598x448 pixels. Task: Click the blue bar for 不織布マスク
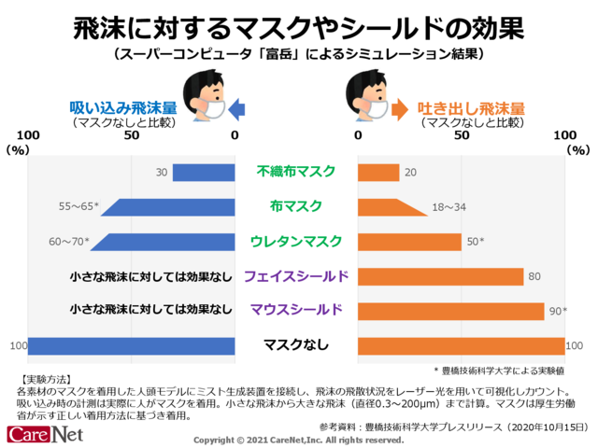pos(204,173)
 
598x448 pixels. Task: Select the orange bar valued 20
pos(379,173)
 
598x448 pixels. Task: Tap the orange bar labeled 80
pos(441,276)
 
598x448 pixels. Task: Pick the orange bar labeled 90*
pos(451,311)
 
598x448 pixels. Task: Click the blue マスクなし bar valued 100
pos(131,345)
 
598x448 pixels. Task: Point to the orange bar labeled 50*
pos(410,242)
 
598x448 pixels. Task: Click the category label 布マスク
pos(296,206)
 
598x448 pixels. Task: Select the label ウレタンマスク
pos(296,241)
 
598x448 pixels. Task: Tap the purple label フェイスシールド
pos(296,275)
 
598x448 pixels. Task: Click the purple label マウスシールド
pos(296,310)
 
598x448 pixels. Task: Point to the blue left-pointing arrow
pos(237,110)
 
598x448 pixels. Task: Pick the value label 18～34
pos(448,207)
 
